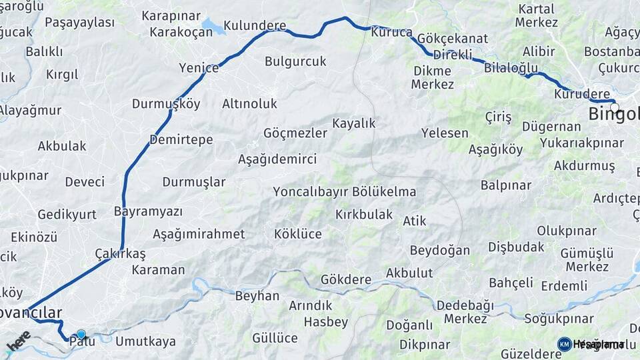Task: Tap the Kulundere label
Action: click(255, 26)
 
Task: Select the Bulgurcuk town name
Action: click(295, 61)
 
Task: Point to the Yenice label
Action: click(199, 67)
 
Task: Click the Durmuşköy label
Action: click(166, 104)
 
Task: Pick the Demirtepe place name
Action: click(181, 139)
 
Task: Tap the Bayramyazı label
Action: click(148, 211)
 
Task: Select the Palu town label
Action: click(83, 341)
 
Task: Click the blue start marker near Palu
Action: click(81, 334)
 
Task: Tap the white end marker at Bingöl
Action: click(614, 106)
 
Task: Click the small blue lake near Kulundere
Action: click(213, 27)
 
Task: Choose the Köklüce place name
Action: click(298, 234)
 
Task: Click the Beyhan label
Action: click(257, 295)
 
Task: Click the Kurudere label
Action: click(582, 94)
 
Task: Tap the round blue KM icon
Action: click(564, 344)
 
